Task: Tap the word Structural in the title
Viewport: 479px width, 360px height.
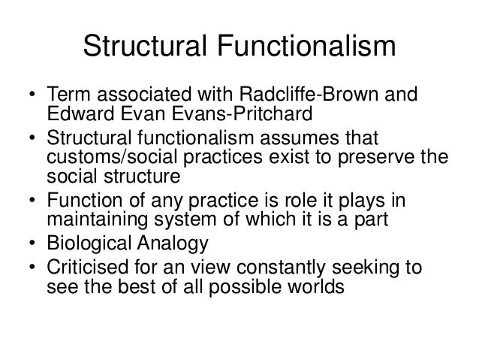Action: (137, 46)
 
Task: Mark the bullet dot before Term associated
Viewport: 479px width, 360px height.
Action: (32, 98)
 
